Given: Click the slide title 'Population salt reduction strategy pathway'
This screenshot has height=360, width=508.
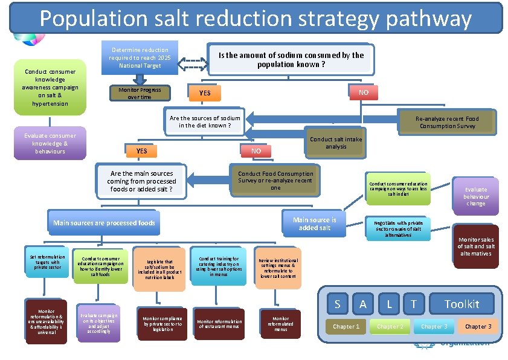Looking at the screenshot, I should click(x=256, y=18).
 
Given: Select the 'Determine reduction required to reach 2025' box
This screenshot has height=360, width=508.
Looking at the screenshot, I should click(x=140, y=58).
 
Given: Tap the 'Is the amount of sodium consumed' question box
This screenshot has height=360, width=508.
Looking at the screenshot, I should click(x=291, y=59).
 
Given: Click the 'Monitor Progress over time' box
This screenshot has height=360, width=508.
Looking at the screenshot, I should click(x=140, y=94).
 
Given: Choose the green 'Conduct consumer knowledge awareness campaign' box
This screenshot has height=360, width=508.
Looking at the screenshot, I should click(x=50, y=88).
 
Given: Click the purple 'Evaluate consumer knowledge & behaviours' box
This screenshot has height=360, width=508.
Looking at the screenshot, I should click(x=50, y=144).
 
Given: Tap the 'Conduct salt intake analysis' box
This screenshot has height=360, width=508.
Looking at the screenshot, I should click(x=336, y=143).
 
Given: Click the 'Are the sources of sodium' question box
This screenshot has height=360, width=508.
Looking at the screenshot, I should click(x=205, y=122).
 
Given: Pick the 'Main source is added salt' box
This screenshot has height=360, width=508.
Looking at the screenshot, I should click(x=314, y=223).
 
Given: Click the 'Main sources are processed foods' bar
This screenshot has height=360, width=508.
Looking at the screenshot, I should click(x=104, y=223).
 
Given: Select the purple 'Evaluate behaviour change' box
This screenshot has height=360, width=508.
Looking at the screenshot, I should click(x=476, y=196).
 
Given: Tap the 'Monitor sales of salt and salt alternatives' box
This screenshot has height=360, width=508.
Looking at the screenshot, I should click(x=476, y=246).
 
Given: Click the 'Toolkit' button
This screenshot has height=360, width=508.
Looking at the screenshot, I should click(x=461, y=304).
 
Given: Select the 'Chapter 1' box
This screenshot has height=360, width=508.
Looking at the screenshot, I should click(x=346, y=327).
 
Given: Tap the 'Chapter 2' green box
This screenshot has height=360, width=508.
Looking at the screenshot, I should click(x=390, y=327).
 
